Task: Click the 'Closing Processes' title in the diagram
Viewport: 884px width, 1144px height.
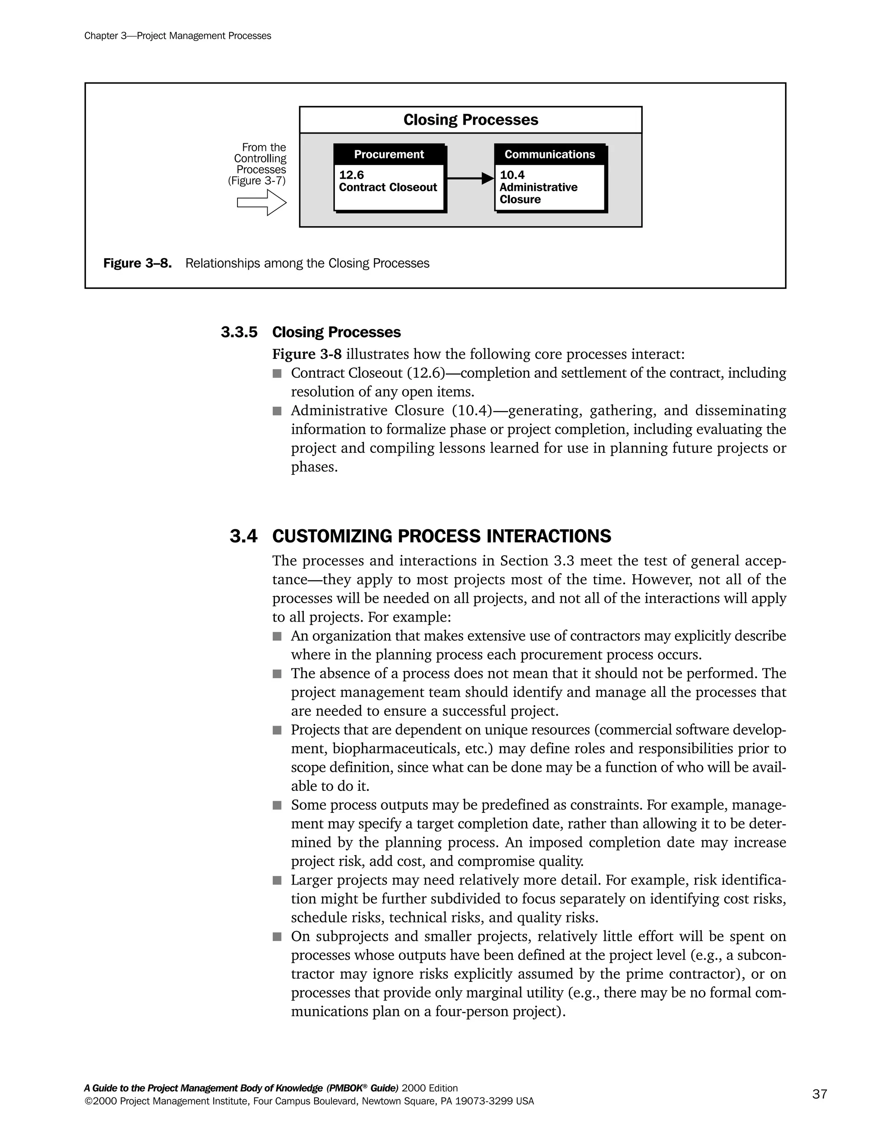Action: coord(470,120)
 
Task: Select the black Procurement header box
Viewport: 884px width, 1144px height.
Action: coord(388,155)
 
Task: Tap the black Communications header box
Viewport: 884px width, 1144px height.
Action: coord(549,155)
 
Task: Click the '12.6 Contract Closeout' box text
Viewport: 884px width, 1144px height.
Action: coord(388,182)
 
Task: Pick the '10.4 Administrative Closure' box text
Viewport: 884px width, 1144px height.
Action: coord(538,187)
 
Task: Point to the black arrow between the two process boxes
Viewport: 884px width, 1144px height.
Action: coord(470,179)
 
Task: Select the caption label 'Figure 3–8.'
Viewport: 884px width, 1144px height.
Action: coord(137,263)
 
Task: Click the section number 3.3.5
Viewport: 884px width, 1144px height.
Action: coord(239,332)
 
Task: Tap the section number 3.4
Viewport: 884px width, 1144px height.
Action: coord(243,536)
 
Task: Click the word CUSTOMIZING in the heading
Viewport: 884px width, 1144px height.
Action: coord(332,536)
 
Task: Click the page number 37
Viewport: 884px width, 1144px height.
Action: coord(820,1094)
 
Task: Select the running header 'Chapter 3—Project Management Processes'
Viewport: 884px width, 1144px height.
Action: coord(177,36)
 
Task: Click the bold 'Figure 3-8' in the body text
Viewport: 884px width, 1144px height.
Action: coord(306,354)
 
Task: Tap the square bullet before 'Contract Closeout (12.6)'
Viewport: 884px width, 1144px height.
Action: coord(277,373)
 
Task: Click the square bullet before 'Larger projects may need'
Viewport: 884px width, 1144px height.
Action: coord(277,881)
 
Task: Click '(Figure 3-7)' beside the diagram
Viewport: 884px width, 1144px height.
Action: coord(257,181)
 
